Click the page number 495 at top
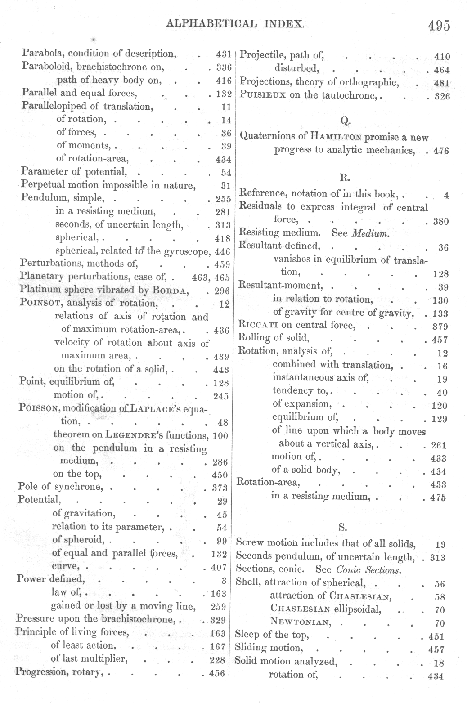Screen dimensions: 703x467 [x=439, y=25]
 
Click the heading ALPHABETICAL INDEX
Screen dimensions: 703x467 [x=236, y=23]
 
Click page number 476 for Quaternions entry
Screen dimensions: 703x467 [x=441, y=151]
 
